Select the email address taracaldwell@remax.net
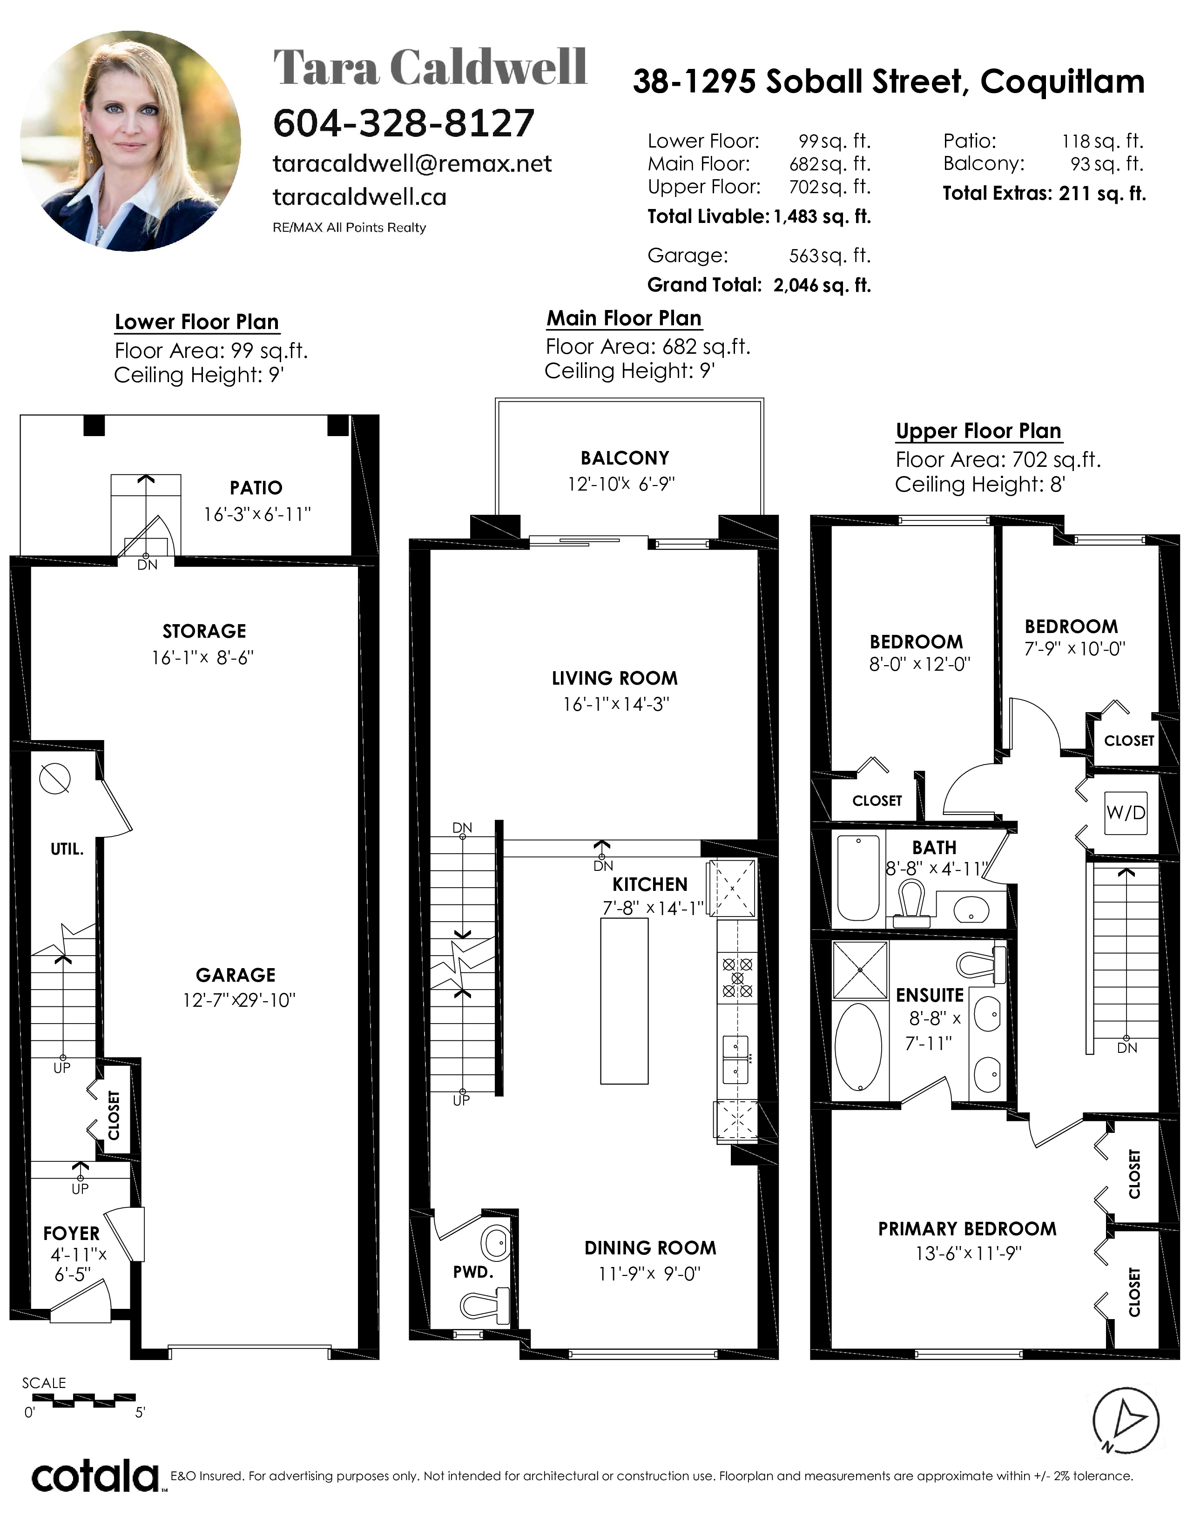click(x=412, y=164)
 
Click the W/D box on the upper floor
click(x=1126, y=813)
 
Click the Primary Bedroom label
click(x=967, y=1229)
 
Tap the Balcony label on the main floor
click(x=624, y=458)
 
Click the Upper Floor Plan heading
click(x=978, y=431)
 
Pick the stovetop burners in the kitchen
click(x=737, y=977)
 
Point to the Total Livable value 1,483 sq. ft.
click(x=822, y=216)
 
